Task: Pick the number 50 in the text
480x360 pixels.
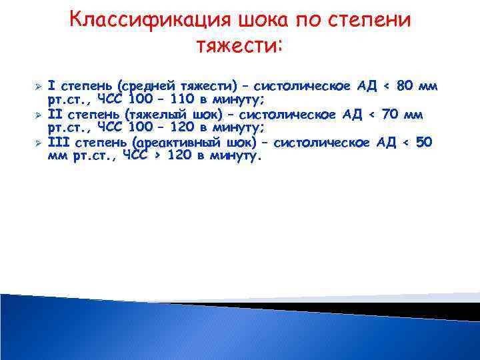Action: coord(425,142)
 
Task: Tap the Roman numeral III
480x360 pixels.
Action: coord(59,142)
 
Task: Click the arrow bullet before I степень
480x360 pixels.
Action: coord(39,87)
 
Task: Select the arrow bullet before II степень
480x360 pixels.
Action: coord(39,115)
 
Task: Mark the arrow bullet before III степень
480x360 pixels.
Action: coord(39,143)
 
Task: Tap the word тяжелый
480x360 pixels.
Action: coord(163,114)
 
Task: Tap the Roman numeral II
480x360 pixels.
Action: coord(56,114)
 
